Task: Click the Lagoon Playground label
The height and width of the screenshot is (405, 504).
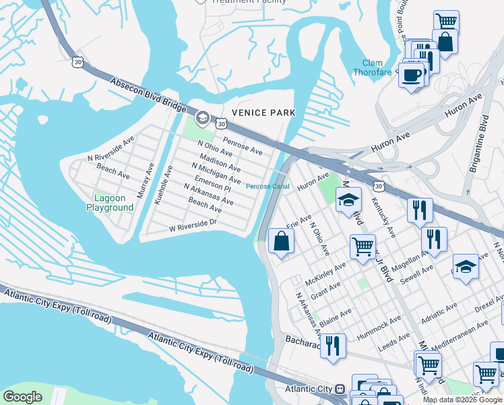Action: tap(110, 203)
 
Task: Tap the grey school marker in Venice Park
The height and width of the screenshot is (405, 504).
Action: tap(201, 119)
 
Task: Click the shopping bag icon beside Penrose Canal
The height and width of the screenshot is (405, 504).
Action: tap(281, 241)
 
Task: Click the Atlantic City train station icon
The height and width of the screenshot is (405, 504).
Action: tap(340, 389)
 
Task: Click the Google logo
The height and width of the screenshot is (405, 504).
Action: tap(22, 397)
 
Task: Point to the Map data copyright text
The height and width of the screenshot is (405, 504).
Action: tap(462, 400)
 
